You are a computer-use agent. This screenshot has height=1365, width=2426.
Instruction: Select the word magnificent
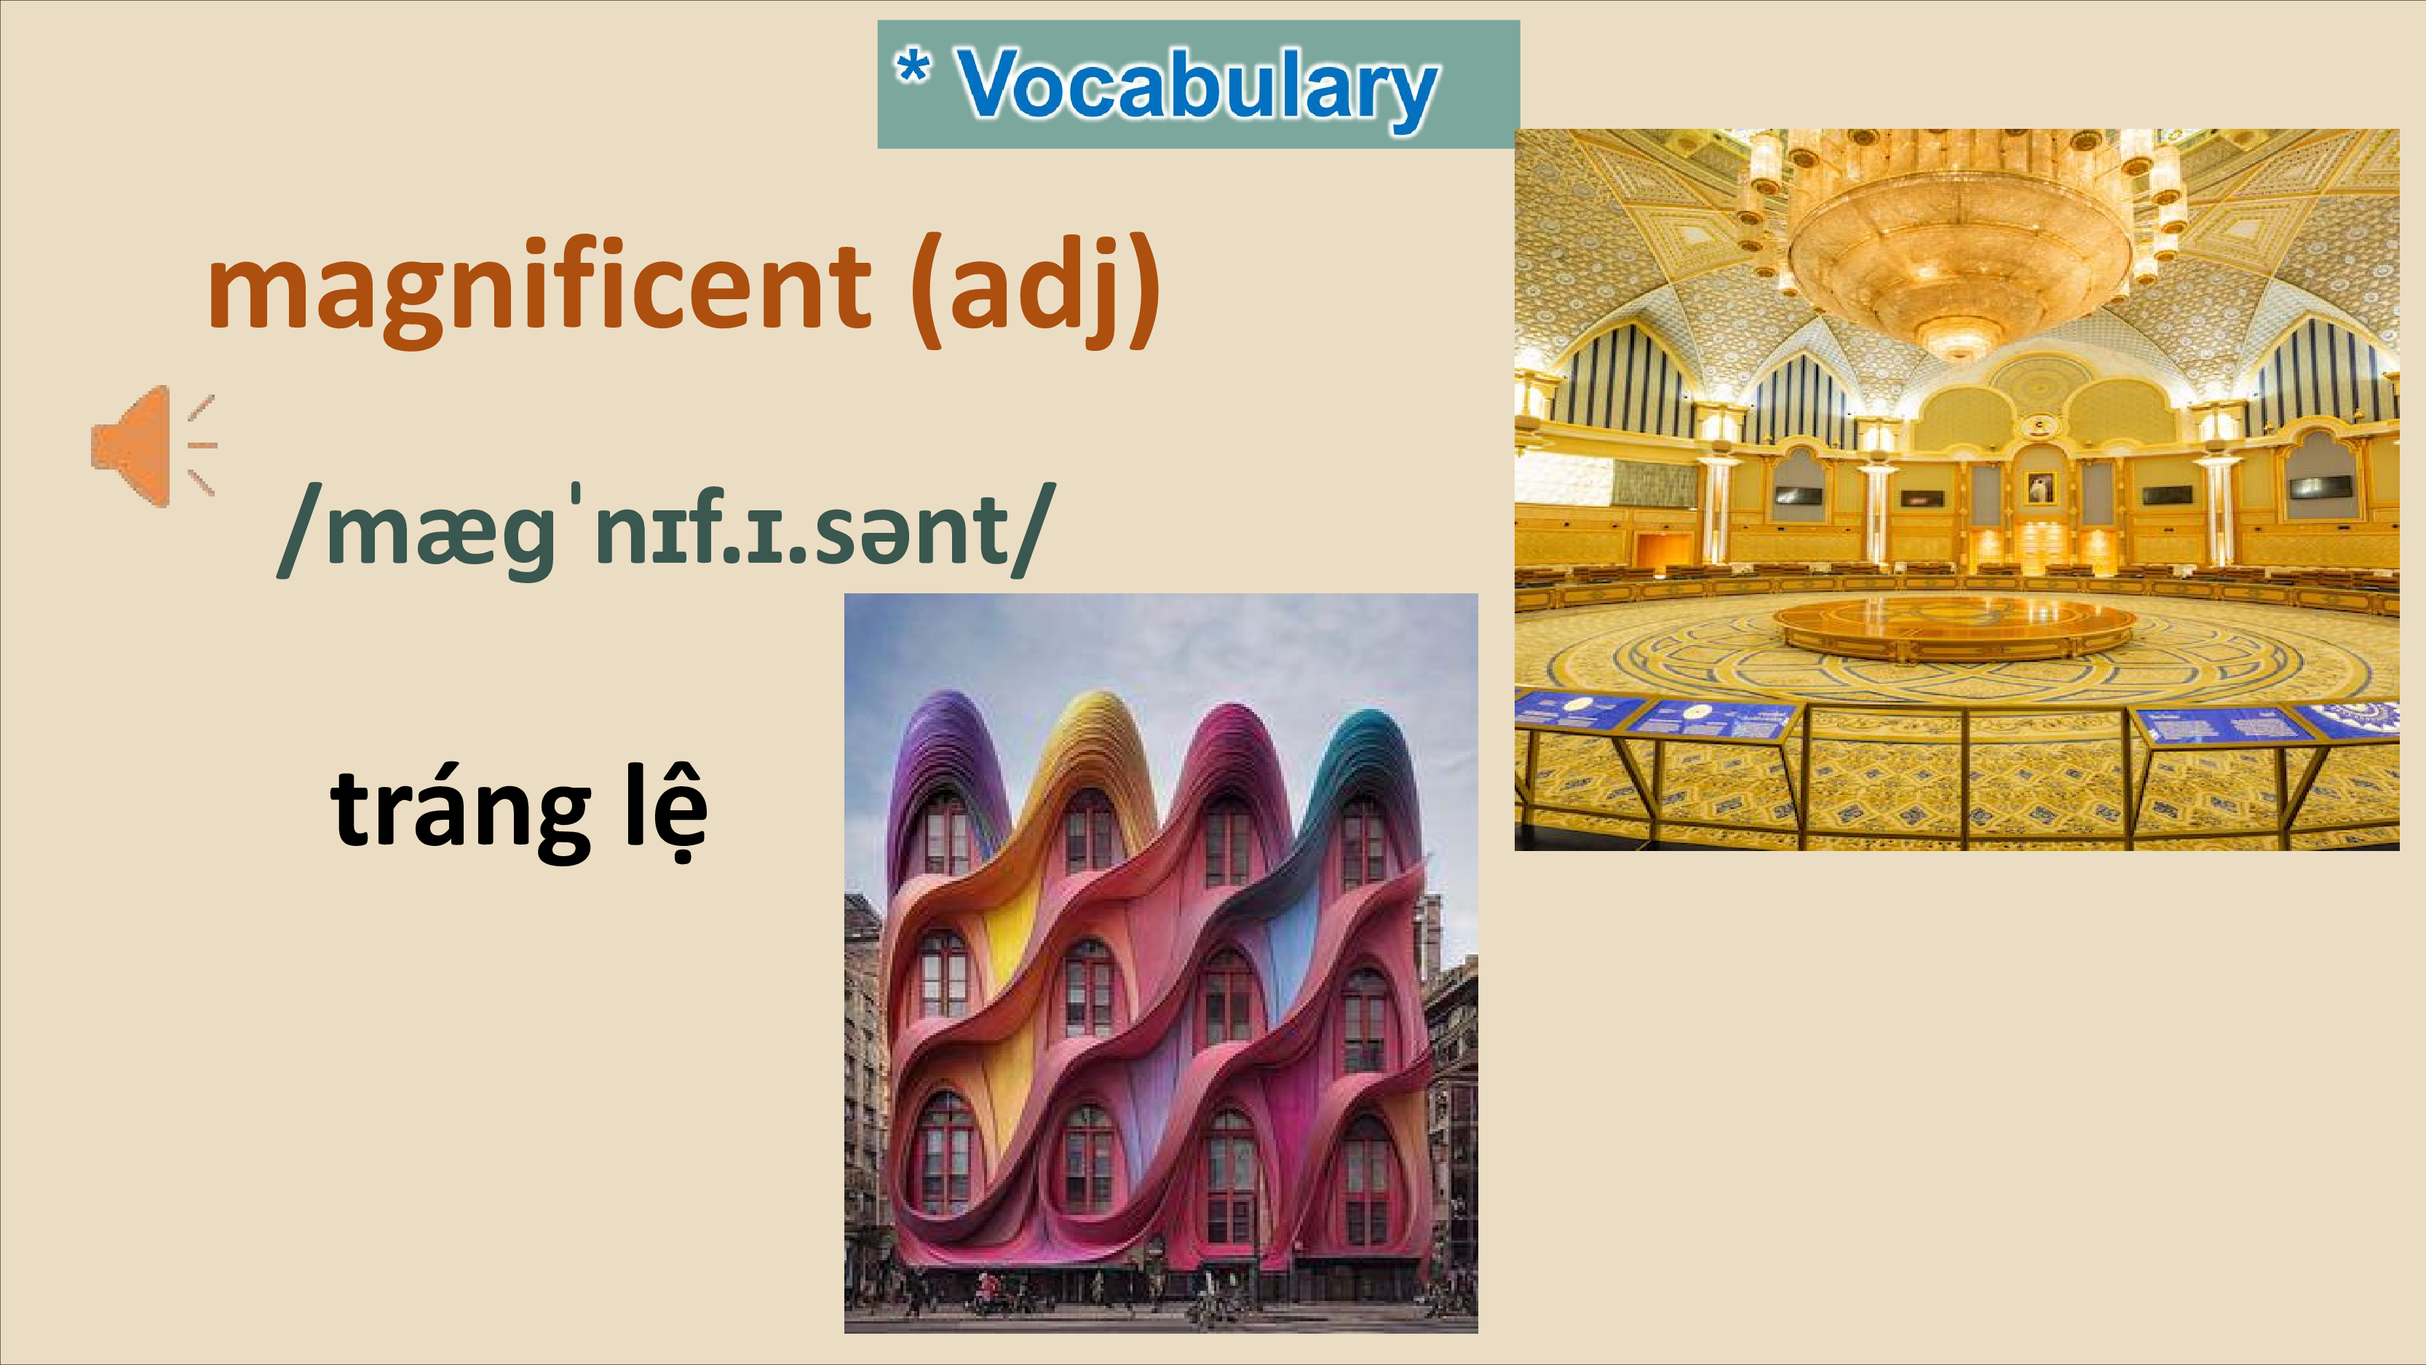[539, 288]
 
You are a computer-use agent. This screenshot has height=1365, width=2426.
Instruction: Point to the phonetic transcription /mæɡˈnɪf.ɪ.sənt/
[661, 531]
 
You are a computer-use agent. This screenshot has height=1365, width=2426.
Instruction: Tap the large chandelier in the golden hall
[1959, 240]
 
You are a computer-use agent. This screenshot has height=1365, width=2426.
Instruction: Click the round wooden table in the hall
[1955, 627]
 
